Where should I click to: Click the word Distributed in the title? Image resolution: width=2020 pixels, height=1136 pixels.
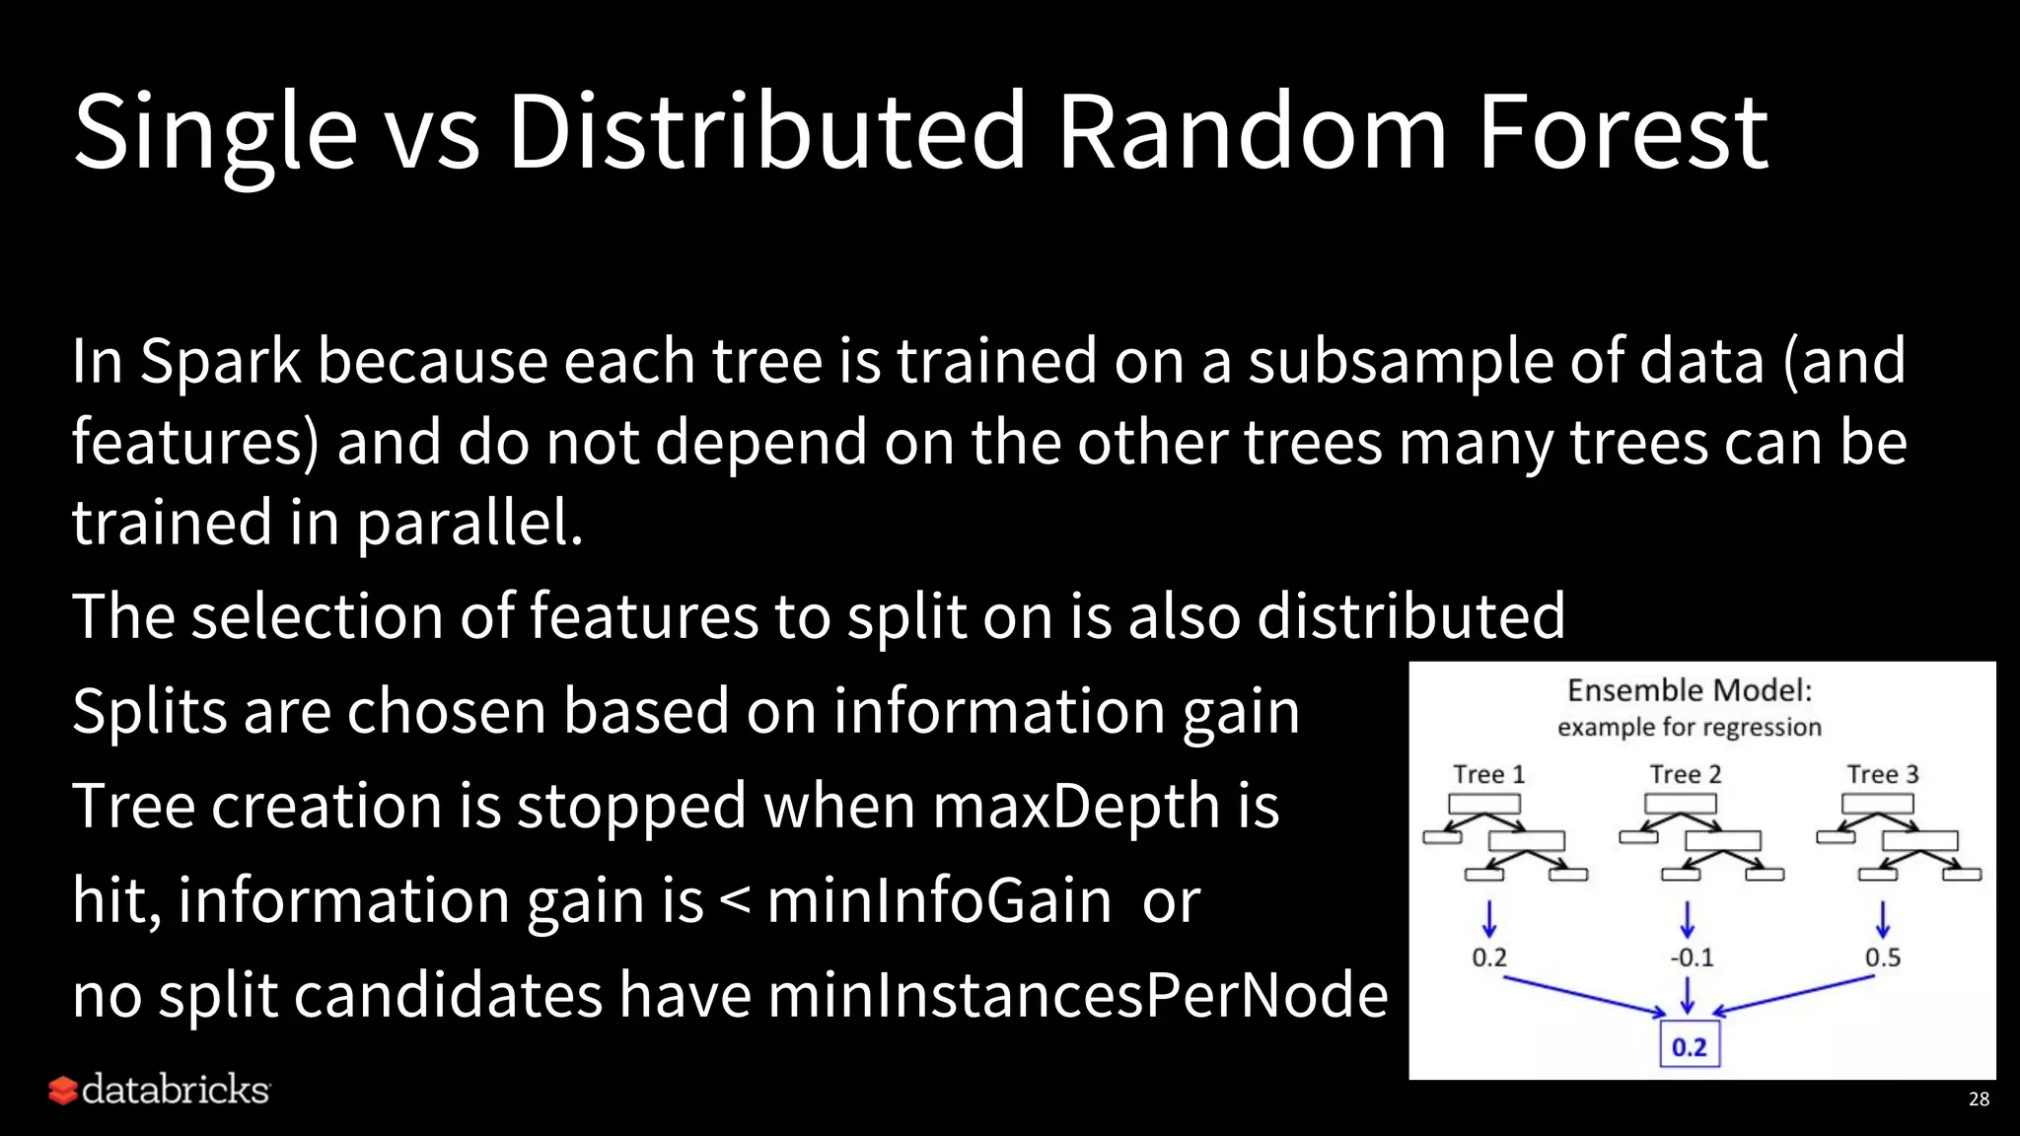(767, 131)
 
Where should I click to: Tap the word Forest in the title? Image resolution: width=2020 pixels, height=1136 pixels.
(1623, 131)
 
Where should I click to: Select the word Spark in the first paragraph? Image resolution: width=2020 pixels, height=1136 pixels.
(220, 361)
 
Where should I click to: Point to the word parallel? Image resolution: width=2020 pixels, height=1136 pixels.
(469, 523)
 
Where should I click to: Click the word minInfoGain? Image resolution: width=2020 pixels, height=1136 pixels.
(939, 900)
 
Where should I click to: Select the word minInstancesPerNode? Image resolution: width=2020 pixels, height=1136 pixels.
(1077, 995)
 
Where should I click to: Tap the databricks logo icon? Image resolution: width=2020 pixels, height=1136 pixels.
(63, 1091)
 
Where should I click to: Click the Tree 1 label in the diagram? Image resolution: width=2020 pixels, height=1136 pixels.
(1488, 775)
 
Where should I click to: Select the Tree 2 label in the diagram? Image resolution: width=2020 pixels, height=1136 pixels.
(1686, 775)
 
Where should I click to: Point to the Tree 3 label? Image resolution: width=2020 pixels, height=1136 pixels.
(1883, 775)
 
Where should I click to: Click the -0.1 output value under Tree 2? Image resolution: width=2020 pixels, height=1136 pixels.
(1692, 958)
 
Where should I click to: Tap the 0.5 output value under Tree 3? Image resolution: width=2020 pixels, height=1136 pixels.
(1882, 958)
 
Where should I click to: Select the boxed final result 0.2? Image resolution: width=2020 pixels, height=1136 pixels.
(1689, 1047)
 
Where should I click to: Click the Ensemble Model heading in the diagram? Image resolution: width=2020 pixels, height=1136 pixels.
(1690, 690)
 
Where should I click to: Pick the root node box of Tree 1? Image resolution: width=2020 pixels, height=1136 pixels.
(1483, 804)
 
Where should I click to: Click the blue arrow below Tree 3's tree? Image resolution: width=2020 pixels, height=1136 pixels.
(1883, 919)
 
